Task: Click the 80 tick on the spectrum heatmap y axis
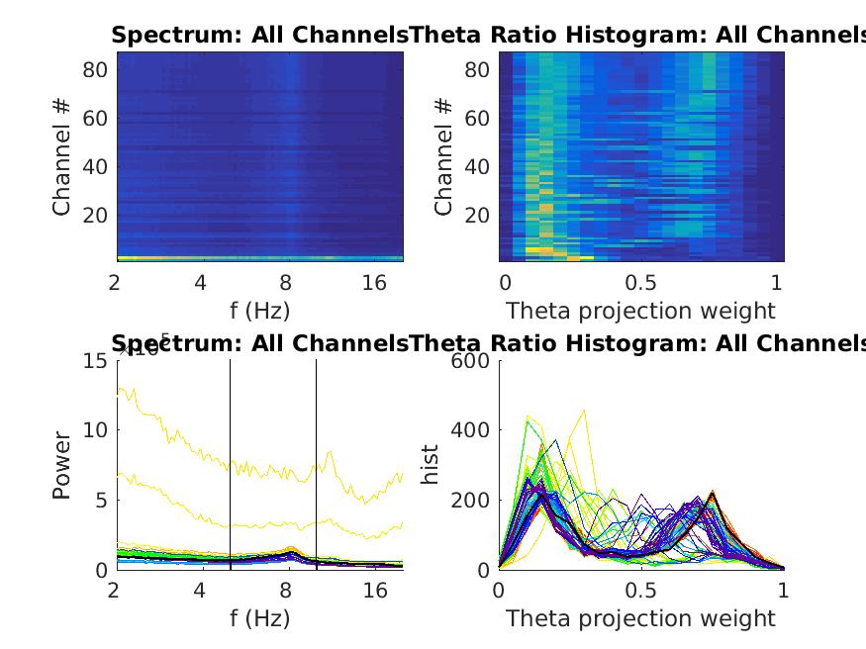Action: [94, 70]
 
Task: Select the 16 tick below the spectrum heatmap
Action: [375, 283]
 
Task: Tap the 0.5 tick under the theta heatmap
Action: [641, 283]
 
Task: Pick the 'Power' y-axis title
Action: [62, 465]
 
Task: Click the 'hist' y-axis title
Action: [432, 465]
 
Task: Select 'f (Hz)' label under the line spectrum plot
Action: [259, 619]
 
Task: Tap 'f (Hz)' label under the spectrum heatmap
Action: [259, 311]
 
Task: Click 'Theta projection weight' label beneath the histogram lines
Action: [641, 619]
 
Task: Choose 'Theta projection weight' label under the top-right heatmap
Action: [641, 311]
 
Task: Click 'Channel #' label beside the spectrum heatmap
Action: [62, 155]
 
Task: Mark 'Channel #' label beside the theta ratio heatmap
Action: [444, 155]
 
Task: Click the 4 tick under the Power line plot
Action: [201, 591]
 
